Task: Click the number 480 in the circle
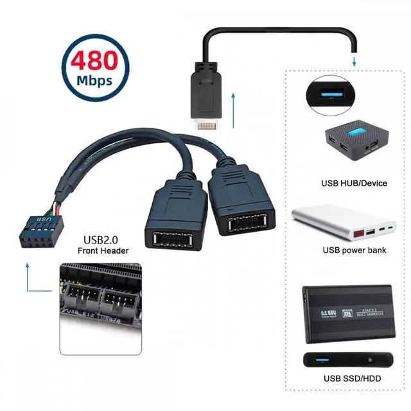pyautogui.click(x=94, y=62)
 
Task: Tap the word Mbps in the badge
pyautogui.click(x=94, y=81)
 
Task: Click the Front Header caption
pyautogui.click(x=103, y=250)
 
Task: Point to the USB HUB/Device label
pyautogui.click(x=354, y=183)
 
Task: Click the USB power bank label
pyautogui.click(x=354, y=250)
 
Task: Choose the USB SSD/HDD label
pyautogui.click(x=352, y=378)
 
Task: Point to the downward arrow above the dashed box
pyautogui.click(x=353, y=60)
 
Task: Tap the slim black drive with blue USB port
pyautogui.click(x=346, y=358)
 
